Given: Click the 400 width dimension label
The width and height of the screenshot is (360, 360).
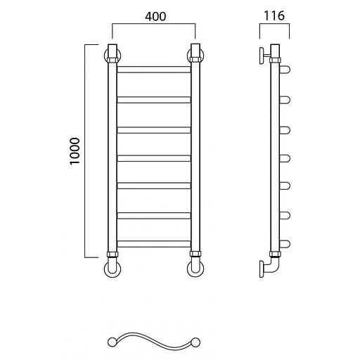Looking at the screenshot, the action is (x=155, y=16).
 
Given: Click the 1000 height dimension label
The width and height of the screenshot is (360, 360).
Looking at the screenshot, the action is (x=75, y=151).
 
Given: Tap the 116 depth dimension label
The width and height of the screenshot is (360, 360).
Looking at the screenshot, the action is (x=274, y=15).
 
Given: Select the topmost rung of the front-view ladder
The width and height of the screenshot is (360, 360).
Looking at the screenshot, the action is (x=154, y=70).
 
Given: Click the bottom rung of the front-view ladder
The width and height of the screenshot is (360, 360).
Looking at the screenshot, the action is (x=154, y=244).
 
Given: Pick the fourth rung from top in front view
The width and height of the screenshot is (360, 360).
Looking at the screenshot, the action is (x=154, y=158).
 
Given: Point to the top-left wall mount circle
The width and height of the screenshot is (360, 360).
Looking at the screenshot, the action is (x=112, y=56).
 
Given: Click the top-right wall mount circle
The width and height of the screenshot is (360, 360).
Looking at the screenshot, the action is (x=195, y=56).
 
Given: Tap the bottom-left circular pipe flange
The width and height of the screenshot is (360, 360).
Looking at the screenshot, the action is (x=112, y=269).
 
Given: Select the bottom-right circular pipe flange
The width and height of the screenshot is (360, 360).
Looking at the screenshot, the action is (x=195, y=269).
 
